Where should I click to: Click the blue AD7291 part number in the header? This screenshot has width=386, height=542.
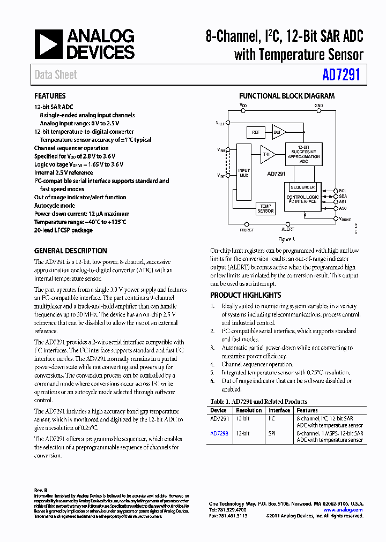341,75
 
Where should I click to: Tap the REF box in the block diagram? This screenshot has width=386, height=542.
255,132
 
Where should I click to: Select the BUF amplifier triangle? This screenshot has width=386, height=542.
278,132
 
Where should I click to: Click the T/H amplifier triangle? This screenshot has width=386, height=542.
267,154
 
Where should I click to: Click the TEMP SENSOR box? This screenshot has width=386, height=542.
265,208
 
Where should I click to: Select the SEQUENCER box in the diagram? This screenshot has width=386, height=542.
302,187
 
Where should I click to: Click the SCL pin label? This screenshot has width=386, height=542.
343,191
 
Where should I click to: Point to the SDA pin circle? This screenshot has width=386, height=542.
335,196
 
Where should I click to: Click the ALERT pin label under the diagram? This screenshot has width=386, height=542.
288,229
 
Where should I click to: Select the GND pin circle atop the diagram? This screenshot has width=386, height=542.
319,112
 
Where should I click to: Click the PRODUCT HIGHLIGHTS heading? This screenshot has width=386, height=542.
246,295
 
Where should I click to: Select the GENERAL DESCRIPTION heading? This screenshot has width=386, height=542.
70,251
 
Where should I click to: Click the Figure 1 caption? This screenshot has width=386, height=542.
287,239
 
